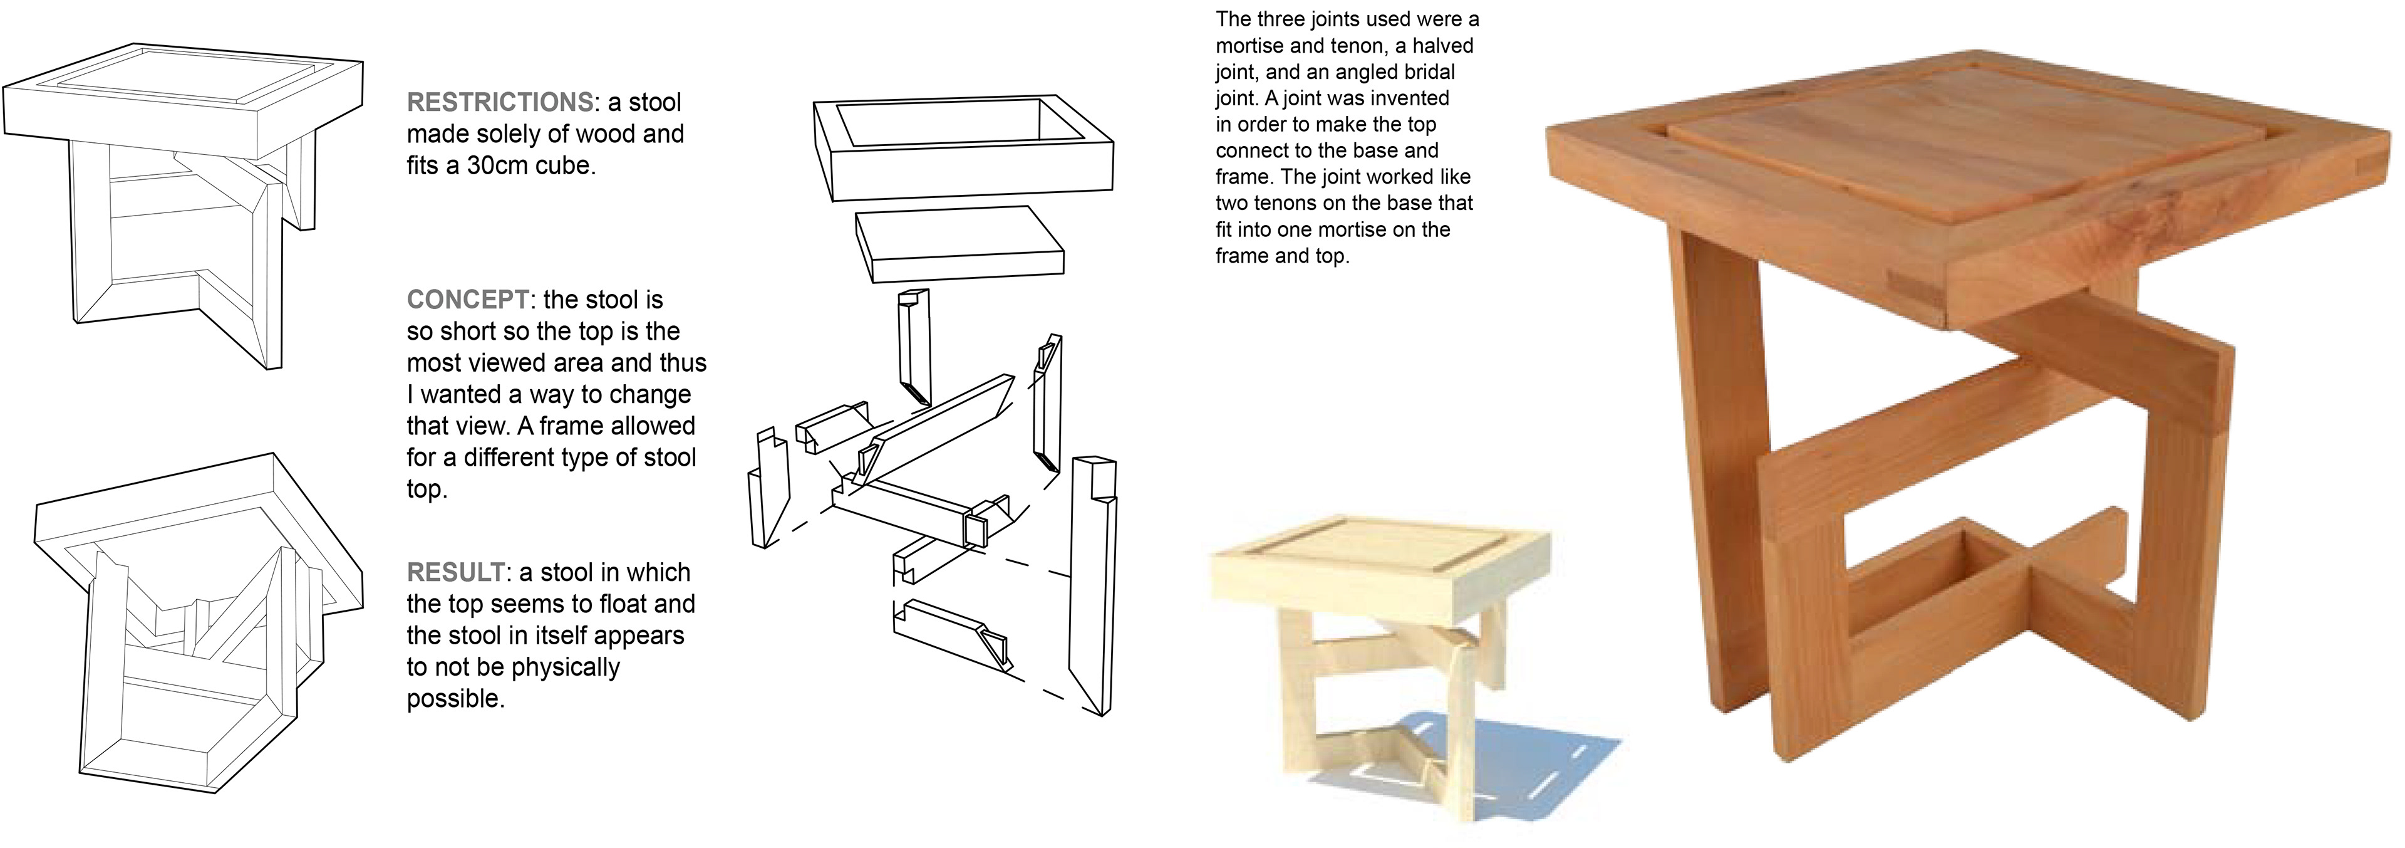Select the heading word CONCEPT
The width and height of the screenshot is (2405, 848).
coord(468,300)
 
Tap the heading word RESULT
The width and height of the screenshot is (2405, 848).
coord(455,572)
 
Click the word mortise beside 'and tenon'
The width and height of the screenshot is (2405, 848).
coord(1253,46)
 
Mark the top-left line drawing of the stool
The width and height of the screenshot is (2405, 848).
coord(183,206)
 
